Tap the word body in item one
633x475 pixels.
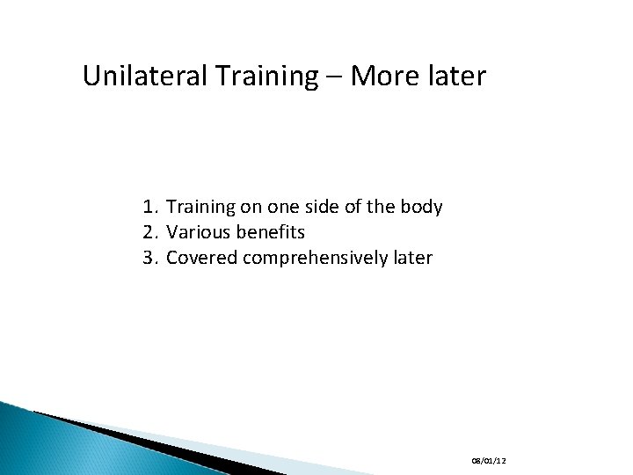pos(422,208)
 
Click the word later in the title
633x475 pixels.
pos(454,77)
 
